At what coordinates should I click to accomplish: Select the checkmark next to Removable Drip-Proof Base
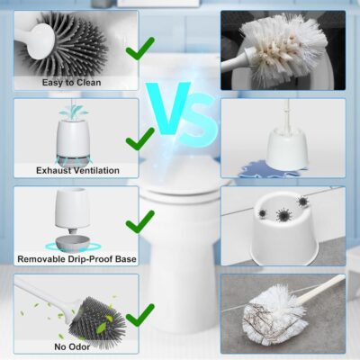pyautogui.click(x=139, y=223)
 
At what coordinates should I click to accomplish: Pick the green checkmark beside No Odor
pyautogui.click(x=139, y=317)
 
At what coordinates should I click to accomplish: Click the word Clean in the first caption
pyautogui.click(x=89, y=83)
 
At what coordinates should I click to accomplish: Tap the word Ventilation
pyautogui.click(x=96, y=170)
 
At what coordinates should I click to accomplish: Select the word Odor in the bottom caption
pyautogui.click(x=79, y=347)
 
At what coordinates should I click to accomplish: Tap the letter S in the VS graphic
pyautogui.click(x=199, y=121)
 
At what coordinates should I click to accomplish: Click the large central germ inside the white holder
pyautogui.click(x=283, y=214)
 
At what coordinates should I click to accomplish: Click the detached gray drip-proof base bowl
pyautogui.click(x=73, y=243)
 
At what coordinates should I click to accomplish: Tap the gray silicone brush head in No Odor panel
pyautogui.click(x=96, y=319)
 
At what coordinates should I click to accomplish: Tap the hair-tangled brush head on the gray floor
pyautogui.click(x=274, y=314)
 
